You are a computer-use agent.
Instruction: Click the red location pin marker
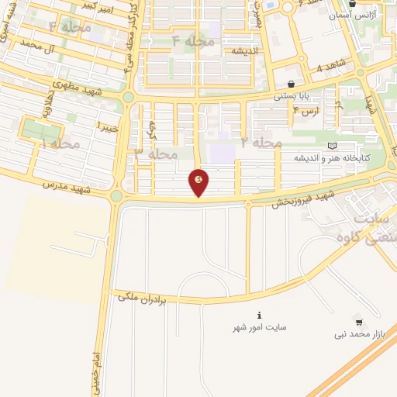[199, 181]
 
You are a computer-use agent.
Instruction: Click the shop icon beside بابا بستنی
[291, 85]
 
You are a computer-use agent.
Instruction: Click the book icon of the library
[333, 145]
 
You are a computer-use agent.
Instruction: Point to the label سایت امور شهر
[260, 329]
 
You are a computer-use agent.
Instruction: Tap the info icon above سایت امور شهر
[260, 316]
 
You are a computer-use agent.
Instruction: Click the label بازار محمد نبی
[359, 334]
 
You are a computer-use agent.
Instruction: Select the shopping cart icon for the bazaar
[359, 321]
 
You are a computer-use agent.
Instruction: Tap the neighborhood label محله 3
[156, 154]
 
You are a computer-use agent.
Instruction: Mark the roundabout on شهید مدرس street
[116, 196]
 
